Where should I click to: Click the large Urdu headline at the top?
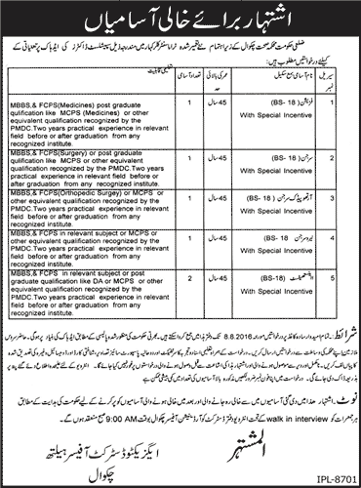click(x=180, y=18)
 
